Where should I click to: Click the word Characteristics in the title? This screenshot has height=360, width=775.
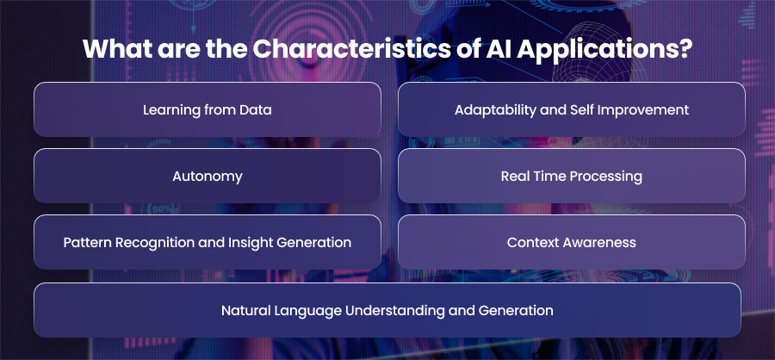click(351, 49)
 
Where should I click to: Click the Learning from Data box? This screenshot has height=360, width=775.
click(207, 109)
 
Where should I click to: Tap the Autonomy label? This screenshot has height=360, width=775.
click(207, 177)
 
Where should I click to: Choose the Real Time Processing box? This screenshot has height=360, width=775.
click(572, 176)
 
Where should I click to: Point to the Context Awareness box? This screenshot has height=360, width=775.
click(572, 242)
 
